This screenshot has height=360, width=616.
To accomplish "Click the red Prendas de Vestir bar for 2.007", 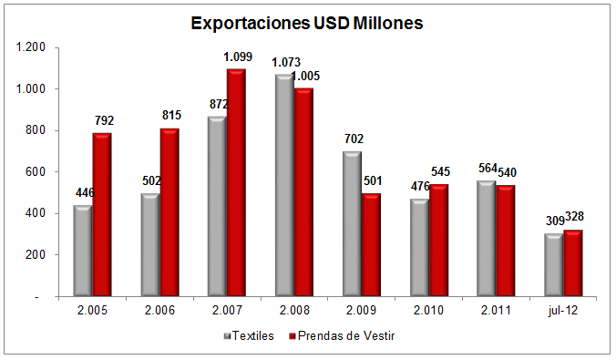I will tap(237, 182).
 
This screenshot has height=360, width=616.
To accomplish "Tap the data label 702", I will tap(353, 139).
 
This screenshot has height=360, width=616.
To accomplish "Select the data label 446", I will tap(83, 193).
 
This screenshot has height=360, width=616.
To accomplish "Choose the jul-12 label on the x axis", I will tap(564, 312).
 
